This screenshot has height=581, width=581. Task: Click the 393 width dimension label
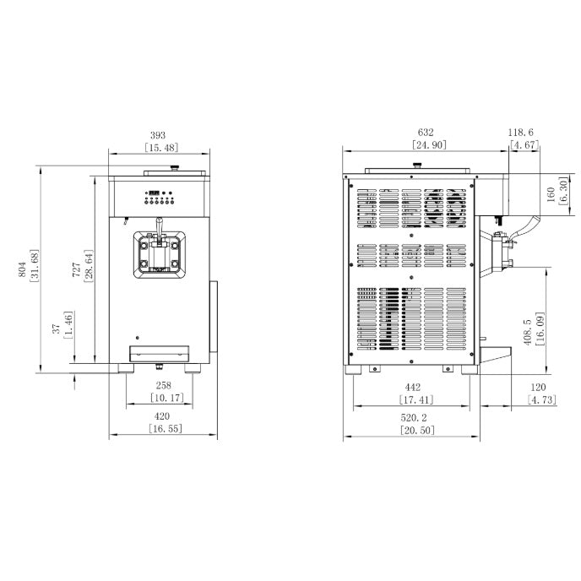tap(158, 135)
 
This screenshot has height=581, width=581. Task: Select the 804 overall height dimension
tap(22, 269)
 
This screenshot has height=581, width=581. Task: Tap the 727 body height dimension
tap(76, 269)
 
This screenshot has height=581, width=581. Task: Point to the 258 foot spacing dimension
tap(164, 385)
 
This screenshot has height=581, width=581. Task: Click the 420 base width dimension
tap(162, 416)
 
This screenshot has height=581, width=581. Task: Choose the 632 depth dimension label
tap(426, 133)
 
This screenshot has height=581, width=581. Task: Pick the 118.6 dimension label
tap(520, 133)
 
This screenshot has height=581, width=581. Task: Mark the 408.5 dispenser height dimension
tap(528, 333)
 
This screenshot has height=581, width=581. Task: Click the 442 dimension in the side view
tap(413, 388)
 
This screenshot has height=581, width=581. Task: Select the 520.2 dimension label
tap(414, 418)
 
